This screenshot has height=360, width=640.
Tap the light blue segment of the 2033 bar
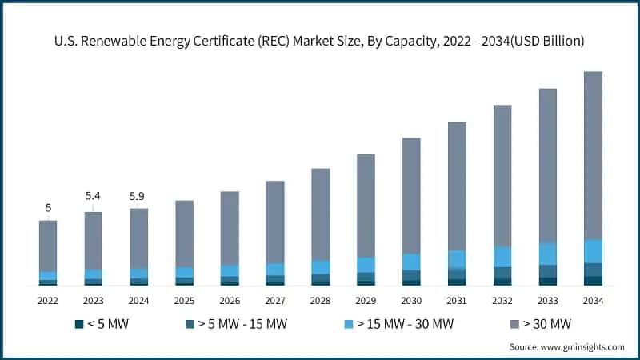pos(547,254)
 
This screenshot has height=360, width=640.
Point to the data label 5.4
pos(94,196)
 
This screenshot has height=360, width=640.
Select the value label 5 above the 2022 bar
pos(48,208)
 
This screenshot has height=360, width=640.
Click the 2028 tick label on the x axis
pos(320,300)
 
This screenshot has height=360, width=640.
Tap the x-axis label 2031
pos(457,300)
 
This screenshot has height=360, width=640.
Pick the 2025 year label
pos(184,300)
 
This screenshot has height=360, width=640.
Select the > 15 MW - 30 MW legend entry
pos(392,324)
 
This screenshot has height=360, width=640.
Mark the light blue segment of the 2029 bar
pos(366,265)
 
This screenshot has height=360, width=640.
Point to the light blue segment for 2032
pos(502,257)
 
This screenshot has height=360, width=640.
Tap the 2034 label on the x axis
pos(593,300)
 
